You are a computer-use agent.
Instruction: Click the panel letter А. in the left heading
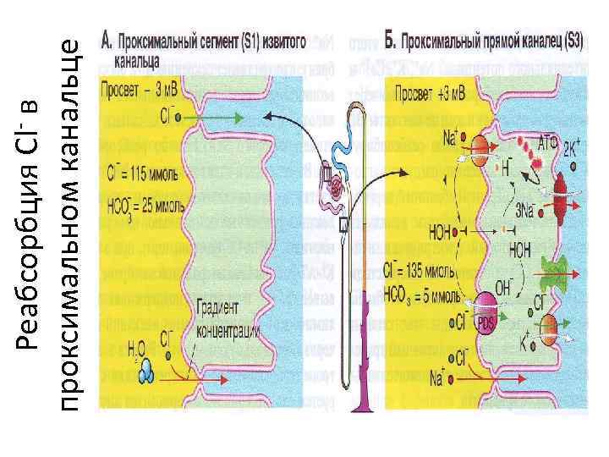107,40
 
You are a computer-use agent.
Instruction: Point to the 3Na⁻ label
524,211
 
